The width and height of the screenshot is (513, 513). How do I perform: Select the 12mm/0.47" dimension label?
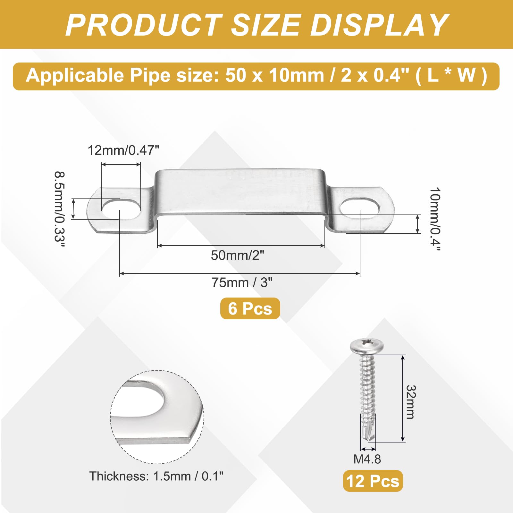(x=123, y=150)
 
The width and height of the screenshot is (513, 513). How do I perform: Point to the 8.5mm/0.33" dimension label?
(x=60, y=209)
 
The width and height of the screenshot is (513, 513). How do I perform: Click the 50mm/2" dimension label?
(x=238, y=256)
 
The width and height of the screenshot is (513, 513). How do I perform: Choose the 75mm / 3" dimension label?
(x=242, y=283)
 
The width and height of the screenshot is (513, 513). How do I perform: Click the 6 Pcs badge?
(x=250, y=308)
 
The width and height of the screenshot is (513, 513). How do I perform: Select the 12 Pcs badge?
(x=373, y=481)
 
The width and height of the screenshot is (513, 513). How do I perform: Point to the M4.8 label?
(x=367, y=459)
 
